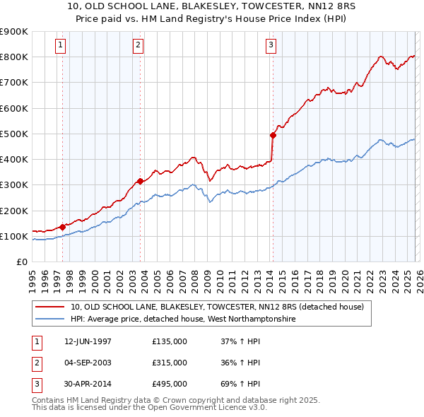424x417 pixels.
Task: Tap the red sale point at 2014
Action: click(273, 134)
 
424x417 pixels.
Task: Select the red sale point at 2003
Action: click(140, 181)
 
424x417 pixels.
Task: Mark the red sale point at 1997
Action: click(62, 227)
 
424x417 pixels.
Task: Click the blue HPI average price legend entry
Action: click(183, 319)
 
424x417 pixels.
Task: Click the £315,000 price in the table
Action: click(170, 363)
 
